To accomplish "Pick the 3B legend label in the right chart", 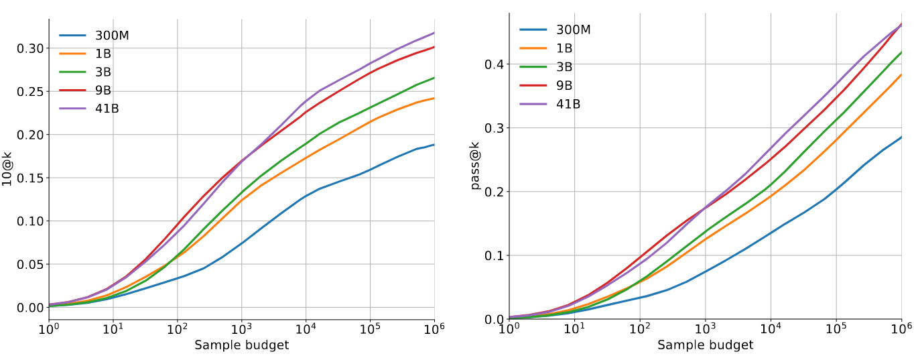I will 564,66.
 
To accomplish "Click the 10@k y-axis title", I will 8,170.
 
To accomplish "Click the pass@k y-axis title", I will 475,166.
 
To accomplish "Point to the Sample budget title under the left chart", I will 241,345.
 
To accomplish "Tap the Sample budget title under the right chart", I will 705,345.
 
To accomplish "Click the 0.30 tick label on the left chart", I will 30,48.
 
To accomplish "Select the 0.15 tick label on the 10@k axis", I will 30,178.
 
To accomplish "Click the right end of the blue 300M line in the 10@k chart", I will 434,145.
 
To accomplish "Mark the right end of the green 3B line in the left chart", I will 434,78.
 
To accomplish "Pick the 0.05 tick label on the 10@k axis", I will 30,264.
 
